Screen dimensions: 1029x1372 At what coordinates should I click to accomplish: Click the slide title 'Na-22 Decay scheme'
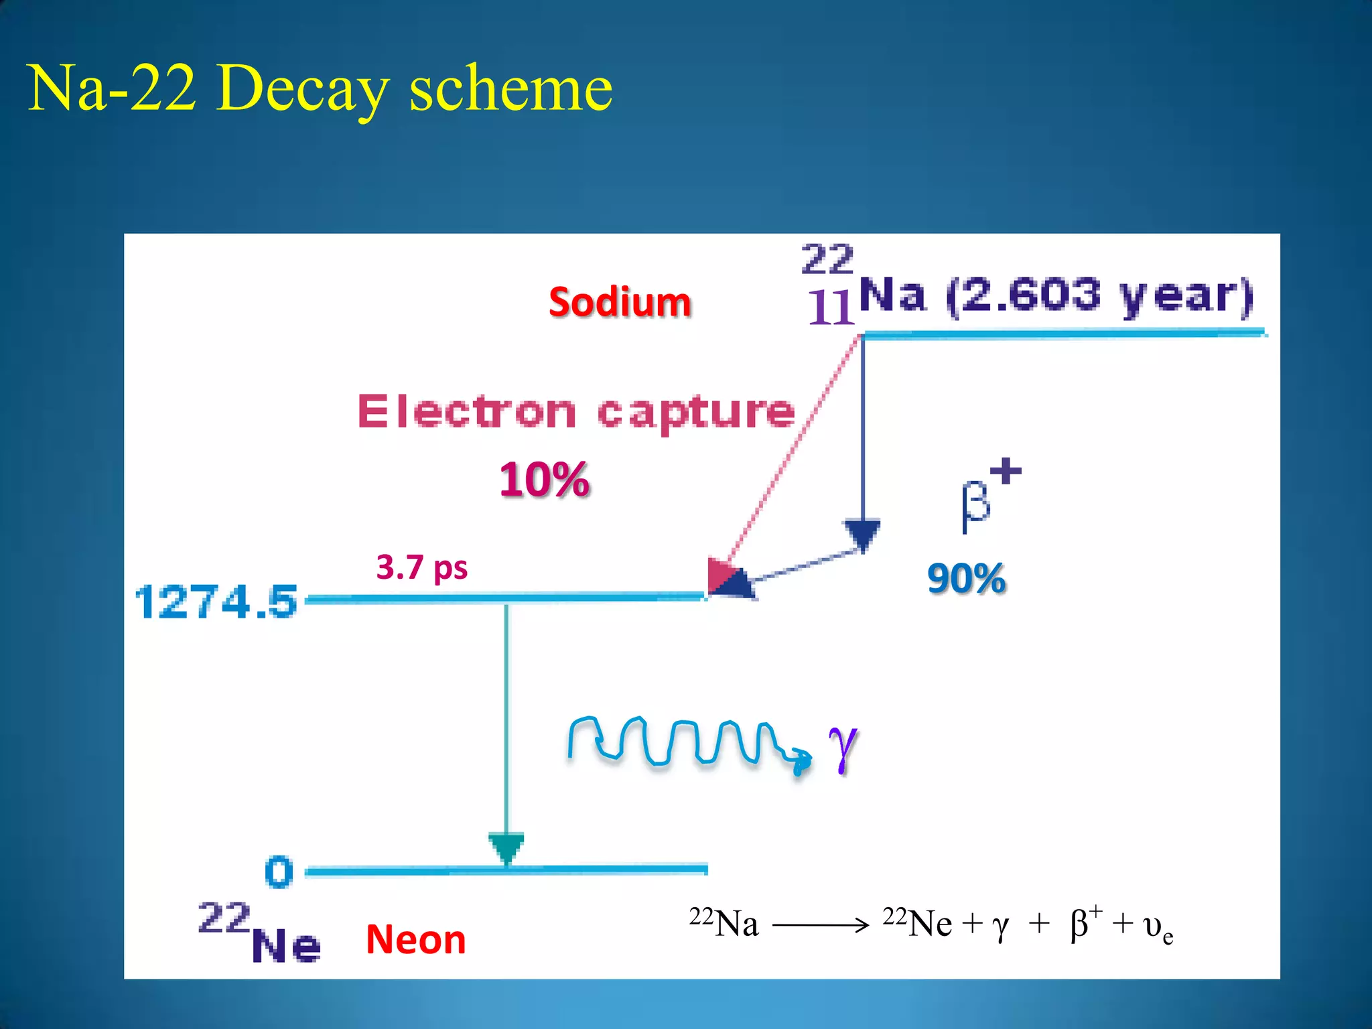click(x=320, y=88)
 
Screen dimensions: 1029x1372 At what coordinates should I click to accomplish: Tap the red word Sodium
click(x=620, y=302)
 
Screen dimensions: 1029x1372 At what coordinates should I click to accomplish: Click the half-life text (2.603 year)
click(x=1099, y=295)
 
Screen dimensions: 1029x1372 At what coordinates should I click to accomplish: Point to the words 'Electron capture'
click(x=576, y=411)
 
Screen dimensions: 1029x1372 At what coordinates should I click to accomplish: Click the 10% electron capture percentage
click(x=545, y=480)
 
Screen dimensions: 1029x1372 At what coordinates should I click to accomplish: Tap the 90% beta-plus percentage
click(x=966, y=578)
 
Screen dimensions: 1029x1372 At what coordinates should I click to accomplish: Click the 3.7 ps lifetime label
click(x=421, y=567)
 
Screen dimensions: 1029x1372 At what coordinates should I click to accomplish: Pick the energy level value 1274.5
click(x=216, y=602)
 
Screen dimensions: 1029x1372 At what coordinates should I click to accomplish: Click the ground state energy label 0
click(x=279, y=872)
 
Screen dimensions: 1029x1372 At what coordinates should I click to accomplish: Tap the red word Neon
click(x=415, y=939)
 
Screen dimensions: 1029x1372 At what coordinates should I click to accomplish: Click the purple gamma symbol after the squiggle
click(x=843, y=748)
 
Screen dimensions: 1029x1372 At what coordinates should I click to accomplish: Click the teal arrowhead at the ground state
click(x=506, y=847)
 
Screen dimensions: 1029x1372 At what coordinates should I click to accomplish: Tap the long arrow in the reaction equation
click(x=820, y=926)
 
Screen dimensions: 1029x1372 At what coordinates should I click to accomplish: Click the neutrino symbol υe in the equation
click(x=1158, y=928)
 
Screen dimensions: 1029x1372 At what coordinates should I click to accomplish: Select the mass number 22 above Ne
click(x=224, y=918)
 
